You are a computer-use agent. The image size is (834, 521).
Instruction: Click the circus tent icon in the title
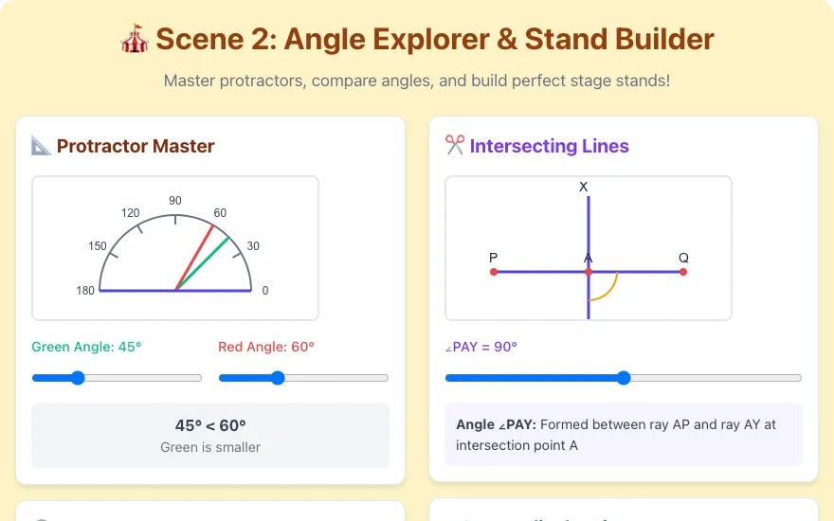pos(134,38)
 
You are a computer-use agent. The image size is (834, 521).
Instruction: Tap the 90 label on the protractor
pos(175,201)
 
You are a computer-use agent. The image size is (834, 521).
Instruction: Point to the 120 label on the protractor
pos(131,213)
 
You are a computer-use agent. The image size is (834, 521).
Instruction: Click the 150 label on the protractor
pos(98,246)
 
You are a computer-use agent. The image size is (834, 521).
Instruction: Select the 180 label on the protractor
pos(85,291)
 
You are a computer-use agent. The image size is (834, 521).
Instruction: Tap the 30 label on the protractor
pos(253,246)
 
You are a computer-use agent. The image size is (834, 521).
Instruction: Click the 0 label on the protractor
pos(265,291)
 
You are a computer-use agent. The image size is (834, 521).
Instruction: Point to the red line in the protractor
pos(194,258)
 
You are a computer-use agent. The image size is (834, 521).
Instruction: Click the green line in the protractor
pos(203,263)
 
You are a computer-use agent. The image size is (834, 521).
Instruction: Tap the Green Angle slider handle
pos(78,378)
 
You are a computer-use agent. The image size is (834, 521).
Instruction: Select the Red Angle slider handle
pos(278,378)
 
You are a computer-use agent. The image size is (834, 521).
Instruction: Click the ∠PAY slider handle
pos(624,378)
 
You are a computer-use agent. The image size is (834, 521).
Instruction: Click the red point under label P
pos(494,272)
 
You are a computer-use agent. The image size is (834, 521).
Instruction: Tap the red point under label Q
pos(683,272)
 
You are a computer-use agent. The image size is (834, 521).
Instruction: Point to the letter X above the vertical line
pos(584,188)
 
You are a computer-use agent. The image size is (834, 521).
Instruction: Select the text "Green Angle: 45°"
pos(86,347)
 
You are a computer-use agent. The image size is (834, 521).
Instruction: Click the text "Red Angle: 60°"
pos(266,347)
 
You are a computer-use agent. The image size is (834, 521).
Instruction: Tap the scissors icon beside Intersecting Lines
pos(455,145)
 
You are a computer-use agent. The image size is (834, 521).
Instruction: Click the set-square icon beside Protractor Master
pos(41,146)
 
